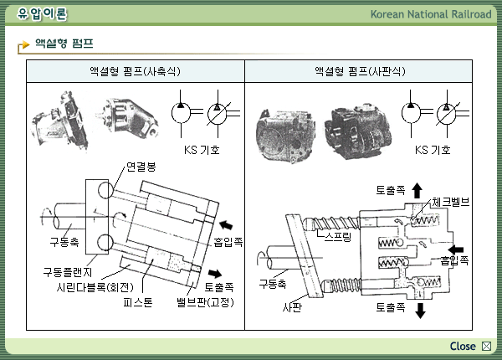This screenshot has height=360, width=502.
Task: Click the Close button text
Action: click(x=463, y=347)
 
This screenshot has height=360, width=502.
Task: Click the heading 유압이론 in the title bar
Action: click(x=42, y=14)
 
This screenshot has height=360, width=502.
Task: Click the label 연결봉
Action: click(x=141, y=167)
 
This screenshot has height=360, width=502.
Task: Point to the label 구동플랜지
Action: click(x=71, y=272)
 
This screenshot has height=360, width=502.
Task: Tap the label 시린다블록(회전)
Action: click(x=91, y=287)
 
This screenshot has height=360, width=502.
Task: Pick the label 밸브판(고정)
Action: click(x=205, y=301)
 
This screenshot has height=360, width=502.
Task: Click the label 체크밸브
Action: click(x=451, y=203)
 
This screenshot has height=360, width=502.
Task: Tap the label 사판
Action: click(x=291, y=307)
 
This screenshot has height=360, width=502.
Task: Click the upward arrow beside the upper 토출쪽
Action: click(x=417, y=191)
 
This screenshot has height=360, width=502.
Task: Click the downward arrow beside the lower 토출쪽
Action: click(x=419, y=309)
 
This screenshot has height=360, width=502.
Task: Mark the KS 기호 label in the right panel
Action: click(x=433, y=151)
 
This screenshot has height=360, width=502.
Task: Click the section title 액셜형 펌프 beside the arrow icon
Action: click(x=64, y=42)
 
